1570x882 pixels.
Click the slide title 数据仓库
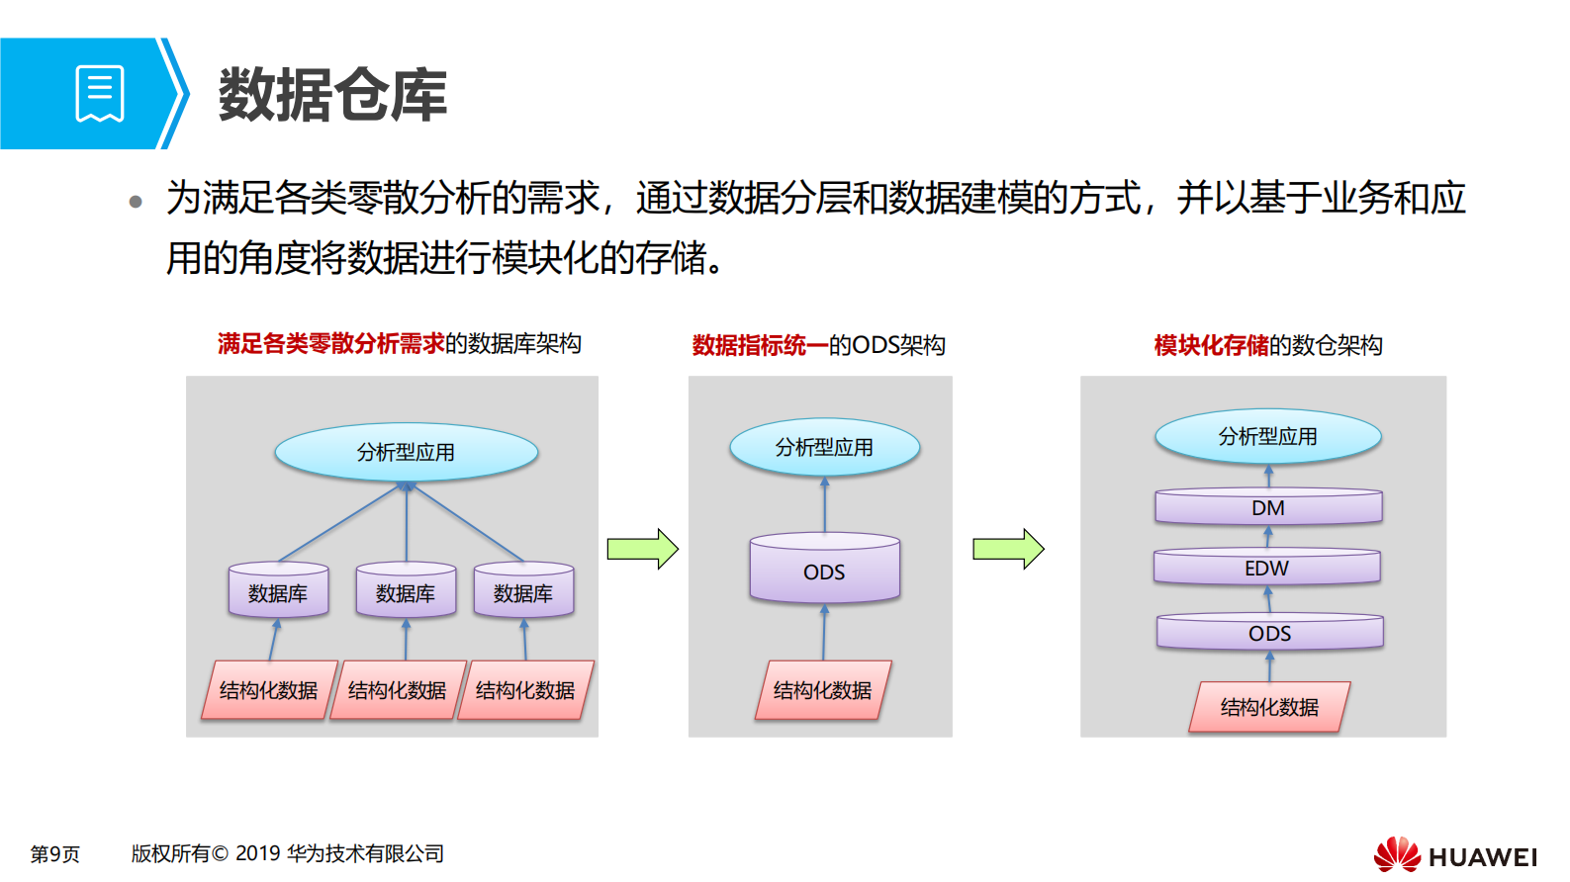click(x=332, y=96)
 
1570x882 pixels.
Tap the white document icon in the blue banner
click(x=100, y=94)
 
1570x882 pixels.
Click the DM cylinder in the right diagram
click(x=1268, y=507)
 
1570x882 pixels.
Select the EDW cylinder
click(x=1266, y=568)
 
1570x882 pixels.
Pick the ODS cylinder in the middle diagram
click(x=824, y=571)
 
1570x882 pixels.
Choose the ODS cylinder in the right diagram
click(x=1269, y=633)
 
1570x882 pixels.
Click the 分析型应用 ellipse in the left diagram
click(x=406, y=452)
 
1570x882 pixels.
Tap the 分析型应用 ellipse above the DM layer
click(x=1267, y=436)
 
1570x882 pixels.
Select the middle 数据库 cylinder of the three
click(x=406, y=591)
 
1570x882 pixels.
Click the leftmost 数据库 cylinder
click(x=278, y=591)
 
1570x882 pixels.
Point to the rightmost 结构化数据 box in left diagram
click(x=524, y=690)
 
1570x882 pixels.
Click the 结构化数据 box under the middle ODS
click(x=822, y=690)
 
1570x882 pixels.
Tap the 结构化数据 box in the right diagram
click(x=1268, y=707)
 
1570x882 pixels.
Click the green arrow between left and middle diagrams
click(x=642, y=549)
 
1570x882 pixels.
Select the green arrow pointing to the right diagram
click(x=1008, y=549)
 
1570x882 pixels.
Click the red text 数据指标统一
click(x=759, y=345)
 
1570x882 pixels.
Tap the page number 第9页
click(x=54, y=853)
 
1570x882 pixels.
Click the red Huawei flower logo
click(x=1396, y=854)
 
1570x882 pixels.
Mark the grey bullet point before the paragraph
click(x=136, y=203)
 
